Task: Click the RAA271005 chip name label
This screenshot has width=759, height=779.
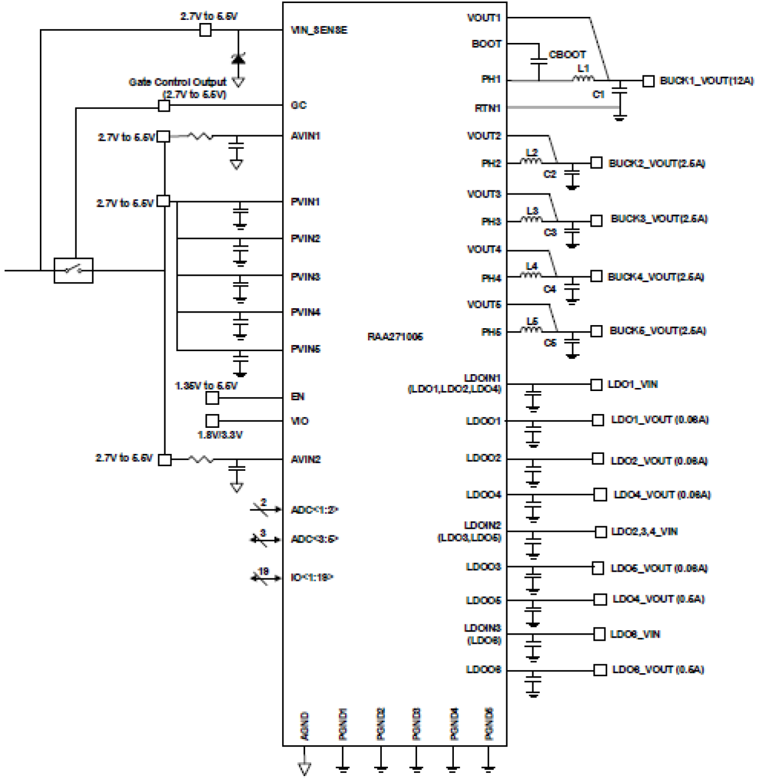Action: pos(395,337)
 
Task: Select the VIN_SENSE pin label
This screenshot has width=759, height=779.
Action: pos(319,30)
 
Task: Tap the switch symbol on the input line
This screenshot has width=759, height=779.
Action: pos(74,270)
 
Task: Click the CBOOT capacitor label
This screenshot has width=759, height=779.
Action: pos(567,54)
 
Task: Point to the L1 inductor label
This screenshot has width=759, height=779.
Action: pos(583,68)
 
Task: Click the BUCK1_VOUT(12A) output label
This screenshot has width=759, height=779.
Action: pos(706,80)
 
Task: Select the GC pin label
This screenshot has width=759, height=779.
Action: pos(299,105)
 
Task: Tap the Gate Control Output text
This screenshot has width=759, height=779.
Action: pos(177,82)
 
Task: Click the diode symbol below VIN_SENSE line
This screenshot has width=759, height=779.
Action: pos(239,59)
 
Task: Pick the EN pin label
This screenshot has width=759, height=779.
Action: pos(298,397)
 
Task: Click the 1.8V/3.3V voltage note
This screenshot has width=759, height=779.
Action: pos(220,435)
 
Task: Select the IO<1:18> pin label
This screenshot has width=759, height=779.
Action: pos(312,578)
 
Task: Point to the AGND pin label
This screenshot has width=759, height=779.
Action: pos(305,726)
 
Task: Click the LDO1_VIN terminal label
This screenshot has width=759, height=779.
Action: pos(632,384)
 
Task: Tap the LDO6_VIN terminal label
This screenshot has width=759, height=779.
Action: pos(635,634)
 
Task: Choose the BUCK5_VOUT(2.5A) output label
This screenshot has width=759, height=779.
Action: pos(657,331)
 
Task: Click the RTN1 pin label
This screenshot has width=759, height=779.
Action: pos(488,109)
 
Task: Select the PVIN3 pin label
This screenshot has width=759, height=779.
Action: pos(305,277)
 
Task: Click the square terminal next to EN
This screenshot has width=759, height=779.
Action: pos(212,398)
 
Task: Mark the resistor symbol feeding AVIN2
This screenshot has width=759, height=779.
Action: pos(201,459)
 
